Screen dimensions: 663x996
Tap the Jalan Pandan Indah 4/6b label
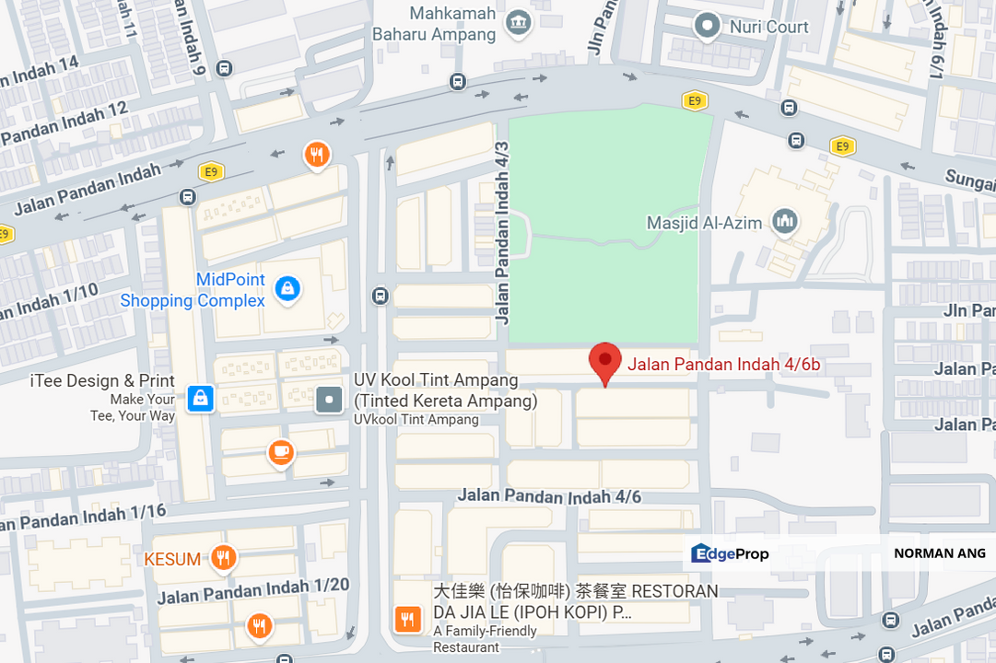coord(723,365)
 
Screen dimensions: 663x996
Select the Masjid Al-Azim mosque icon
coord(785,221)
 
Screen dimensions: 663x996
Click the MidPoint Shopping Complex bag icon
coord(287,289)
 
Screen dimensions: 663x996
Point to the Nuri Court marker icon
coord(707,27)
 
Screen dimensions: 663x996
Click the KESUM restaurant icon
coord(222,557)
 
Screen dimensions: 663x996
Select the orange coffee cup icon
coord(280,453)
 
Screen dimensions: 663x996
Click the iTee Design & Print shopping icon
coord(200,398)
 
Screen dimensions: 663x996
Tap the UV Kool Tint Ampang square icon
coord(329,399)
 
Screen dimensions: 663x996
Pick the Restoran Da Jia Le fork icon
coord(407,619)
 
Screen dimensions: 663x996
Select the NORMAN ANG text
coord(939,553)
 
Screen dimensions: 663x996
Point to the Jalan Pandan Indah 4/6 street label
coord(549,497)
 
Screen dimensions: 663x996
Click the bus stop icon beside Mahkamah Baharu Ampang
coord(457,81)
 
